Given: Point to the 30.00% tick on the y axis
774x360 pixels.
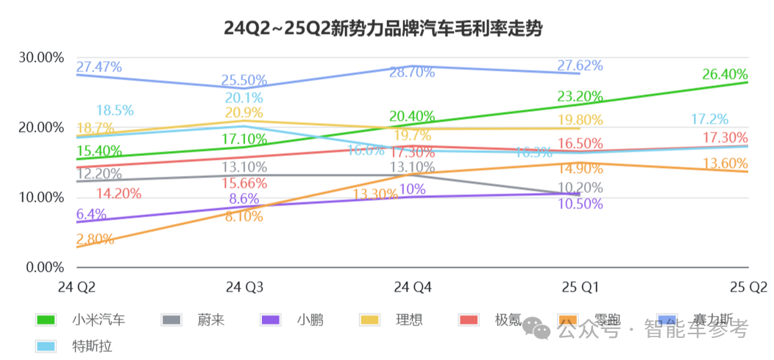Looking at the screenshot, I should (46, 57).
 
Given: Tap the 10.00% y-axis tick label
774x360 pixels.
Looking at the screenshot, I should (46, 197).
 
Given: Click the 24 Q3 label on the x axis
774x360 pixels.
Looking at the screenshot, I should (244, 286).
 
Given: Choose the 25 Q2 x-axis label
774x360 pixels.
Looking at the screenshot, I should (748, 286).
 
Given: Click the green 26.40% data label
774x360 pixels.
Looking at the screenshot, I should (725, 74).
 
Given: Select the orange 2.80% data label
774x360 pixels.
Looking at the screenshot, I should (95, 239).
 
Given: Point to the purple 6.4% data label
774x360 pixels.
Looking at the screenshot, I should (91, 214).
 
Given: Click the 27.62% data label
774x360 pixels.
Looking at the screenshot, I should (580, 65).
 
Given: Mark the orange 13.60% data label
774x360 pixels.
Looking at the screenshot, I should (725, 163).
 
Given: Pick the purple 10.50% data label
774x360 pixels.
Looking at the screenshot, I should (580, 204).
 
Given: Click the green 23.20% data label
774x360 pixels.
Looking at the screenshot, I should (580, 96).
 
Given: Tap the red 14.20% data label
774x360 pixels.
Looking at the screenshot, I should (119, 194).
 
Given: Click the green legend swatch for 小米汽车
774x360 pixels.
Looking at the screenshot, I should (46, 320).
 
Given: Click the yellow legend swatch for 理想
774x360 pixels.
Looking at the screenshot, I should (369, 320).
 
